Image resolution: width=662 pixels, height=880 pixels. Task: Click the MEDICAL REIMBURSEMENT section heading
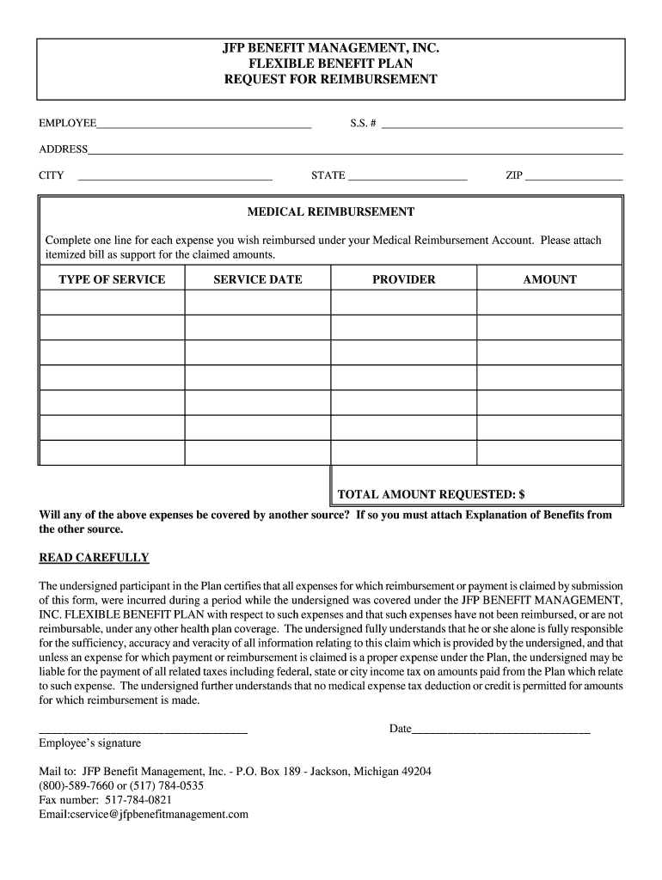(331, 211)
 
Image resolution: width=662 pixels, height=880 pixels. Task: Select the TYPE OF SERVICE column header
(112, 279)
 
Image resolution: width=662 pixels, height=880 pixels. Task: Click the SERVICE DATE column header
(258, 279)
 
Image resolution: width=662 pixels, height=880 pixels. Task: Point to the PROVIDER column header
(404, 279)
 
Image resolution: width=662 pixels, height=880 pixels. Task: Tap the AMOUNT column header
(550, 279)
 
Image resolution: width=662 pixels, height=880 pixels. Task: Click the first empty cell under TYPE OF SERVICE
(112, 302)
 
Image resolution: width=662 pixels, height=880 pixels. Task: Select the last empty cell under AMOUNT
(550, 453)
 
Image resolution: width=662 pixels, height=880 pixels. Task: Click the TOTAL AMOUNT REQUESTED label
(431, 495)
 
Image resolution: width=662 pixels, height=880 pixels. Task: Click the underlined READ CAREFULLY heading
(95, 558)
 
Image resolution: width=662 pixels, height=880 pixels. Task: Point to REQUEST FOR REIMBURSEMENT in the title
(331, 79)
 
